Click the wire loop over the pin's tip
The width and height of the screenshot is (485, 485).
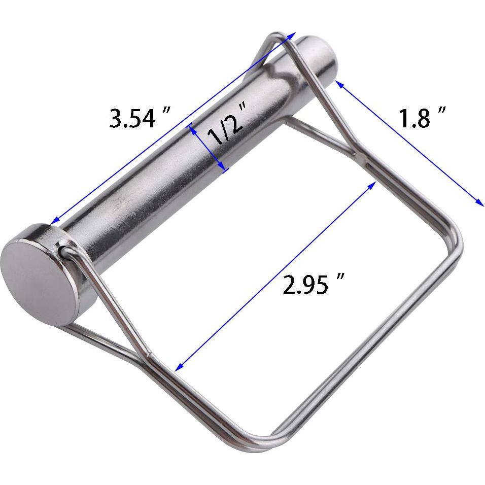coord(274,38)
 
